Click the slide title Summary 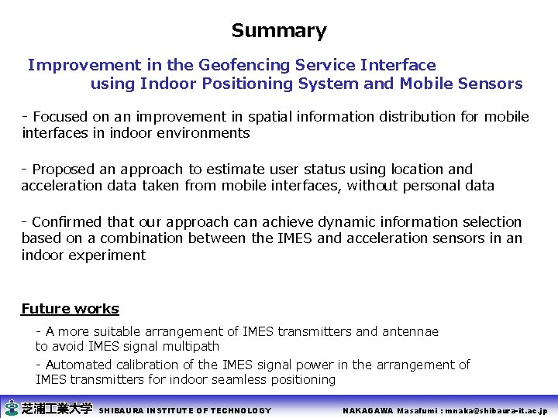point(279,31)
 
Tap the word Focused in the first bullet point(60,117)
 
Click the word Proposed point(64,170)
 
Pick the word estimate point(239,170)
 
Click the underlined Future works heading point(70,309)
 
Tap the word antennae point(409,331)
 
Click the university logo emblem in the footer point(12,409)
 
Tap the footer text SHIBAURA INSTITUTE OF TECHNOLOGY point(186,410)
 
